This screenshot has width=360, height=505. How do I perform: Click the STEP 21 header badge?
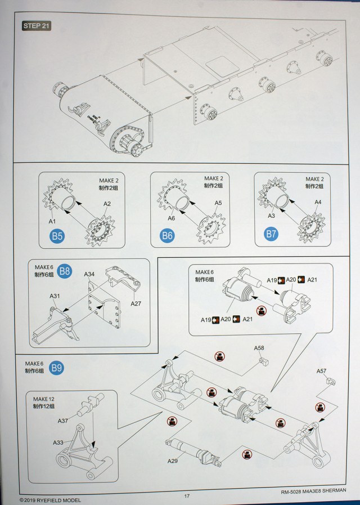[x=37, y=26]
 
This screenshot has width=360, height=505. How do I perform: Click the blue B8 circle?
[x=65, y=271]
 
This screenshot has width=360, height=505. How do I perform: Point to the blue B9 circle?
[x=56, y=369]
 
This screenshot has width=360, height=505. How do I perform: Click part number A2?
[x=107, y=203]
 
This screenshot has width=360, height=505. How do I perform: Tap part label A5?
[x=218, y=203]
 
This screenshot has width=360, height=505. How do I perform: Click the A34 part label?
[x=89, y=274]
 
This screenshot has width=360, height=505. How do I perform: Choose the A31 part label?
[x=55, y=296]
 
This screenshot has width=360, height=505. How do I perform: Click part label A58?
[x=259, y=348]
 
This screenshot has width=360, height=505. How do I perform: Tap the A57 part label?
[x=321, y=371]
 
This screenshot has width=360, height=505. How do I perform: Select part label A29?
[x=173, y=461]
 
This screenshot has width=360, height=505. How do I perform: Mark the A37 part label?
[x=63, y=421]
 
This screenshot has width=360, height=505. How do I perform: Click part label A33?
[x=58, y=443]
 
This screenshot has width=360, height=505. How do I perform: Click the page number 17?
[x=187, y=496]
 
